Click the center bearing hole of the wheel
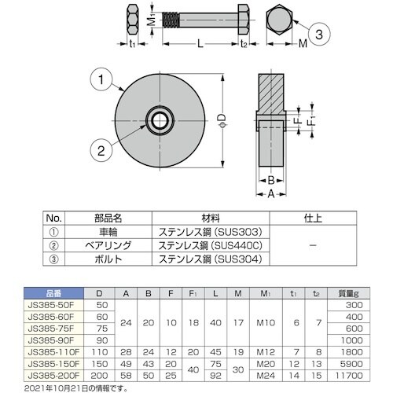pos(160,120)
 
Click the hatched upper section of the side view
pos(270,94)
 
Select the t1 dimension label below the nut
pos(132,46)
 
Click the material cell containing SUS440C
pos(215,245)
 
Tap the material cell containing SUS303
pos(215,233)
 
